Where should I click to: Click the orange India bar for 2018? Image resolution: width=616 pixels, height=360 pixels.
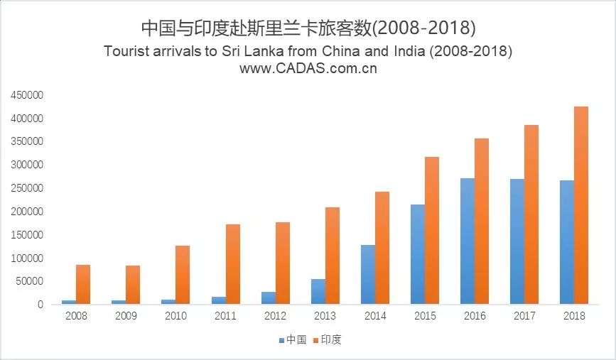[580, 205]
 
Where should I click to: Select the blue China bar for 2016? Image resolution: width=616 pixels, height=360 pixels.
[467, 241]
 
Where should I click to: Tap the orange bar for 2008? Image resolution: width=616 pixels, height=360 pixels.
[83, 284]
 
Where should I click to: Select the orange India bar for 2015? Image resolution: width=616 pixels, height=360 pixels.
[431, 230]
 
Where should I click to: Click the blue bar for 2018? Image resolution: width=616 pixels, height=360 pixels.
[566, 242]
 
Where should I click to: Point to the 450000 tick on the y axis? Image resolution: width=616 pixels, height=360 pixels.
[25, 94]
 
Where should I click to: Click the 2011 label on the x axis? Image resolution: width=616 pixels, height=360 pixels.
[225, 316]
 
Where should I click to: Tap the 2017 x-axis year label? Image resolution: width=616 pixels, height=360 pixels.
[524, 316]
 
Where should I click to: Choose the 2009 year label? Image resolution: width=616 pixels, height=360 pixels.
[126, 316]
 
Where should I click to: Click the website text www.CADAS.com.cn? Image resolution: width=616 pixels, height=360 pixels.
[308, 69]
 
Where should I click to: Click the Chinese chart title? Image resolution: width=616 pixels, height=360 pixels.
[308, 28]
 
